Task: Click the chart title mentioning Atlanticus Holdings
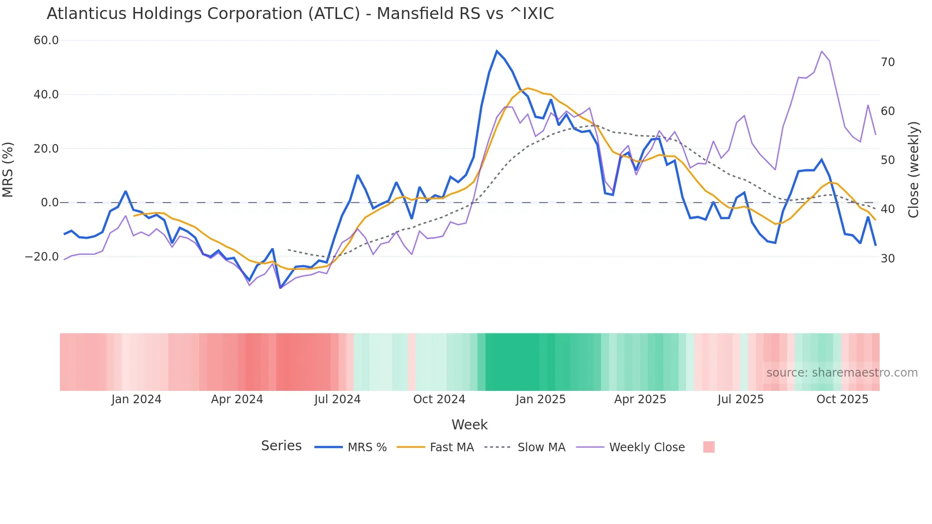pyautogui.click(x=300, y=14)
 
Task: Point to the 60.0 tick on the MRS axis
pyautogui.click(x=46, y=40)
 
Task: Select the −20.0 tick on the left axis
pyautogui.click(x=42, y=257)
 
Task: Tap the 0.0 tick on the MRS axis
pyautogui.click(x=49, y=203)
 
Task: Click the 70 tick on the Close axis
pyautogui.click(x=888, y=62)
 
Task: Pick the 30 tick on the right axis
pyautogui.click(x=888, y=259)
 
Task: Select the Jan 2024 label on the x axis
pyautogui.click(x=136, y=399)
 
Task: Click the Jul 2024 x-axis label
pyautogui.click(x=338, y=399)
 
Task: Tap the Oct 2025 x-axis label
pyautogui.click(x=842, y=399)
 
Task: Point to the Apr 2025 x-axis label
pyautogui.click(x=640, y=399)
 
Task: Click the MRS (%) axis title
pyautogui.click(x=8, y=169)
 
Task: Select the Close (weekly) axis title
pyautogui.click(x=913, y=169)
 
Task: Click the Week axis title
pyautogui.click(x=469, y=425)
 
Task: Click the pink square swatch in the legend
pyautogui.click(x=709, y=447)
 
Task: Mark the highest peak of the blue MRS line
pyautogui.click(x=497, y=51)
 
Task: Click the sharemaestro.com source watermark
pyautogui.click(x=842, y=373)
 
